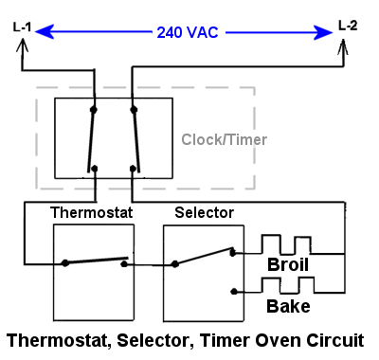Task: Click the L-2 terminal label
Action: (348, 24)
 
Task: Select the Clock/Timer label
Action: (225, 139)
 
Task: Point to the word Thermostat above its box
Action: (91, 213)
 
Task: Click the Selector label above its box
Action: (204, 213)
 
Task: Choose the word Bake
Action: (288, 306)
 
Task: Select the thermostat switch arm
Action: (95, 260)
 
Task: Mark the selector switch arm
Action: (204, 257)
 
